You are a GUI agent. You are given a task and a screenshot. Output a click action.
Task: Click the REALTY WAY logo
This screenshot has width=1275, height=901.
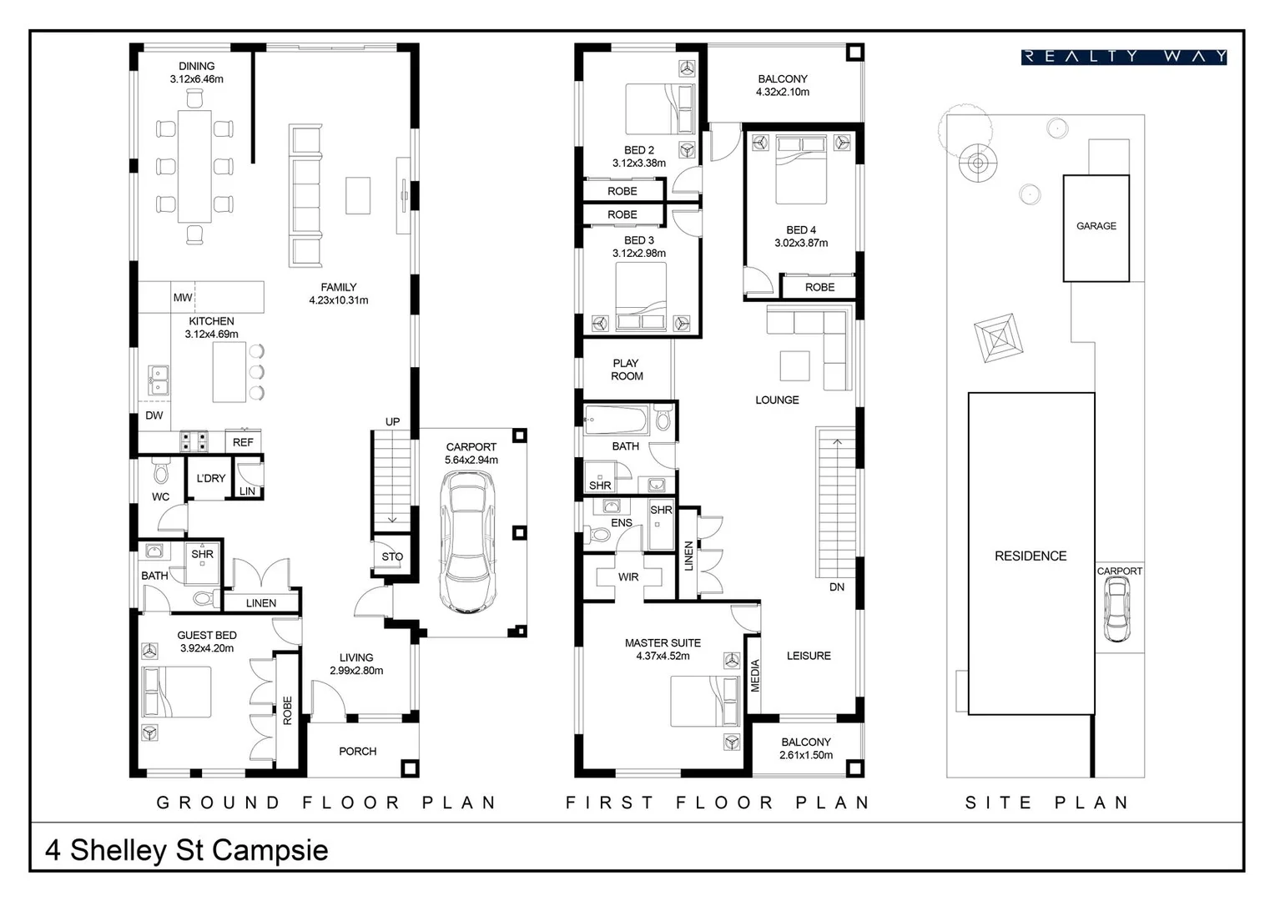coord(1124,57)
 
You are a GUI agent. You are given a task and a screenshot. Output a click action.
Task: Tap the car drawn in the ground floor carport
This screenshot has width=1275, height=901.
coord(468,542)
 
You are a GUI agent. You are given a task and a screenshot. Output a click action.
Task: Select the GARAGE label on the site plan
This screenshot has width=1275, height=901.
coord(1096,226)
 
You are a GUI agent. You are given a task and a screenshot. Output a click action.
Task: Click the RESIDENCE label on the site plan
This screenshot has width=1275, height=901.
coord(1031,556)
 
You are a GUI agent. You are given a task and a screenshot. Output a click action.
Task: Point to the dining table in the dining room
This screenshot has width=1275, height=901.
coord(194,166)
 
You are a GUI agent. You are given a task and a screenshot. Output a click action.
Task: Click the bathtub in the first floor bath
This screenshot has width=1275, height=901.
coord(615,420)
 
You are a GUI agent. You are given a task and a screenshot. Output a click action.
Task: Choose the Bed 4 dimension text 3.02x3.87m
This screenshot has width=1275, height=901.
coord(801,243)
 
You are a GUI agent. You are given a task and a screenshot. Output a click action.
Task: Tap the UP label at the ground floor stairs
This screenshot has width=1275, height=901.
coord(393,422)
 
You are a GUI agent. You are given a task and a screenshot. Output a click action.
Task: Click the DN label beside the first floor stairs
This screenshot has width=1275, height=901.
coord(837,586)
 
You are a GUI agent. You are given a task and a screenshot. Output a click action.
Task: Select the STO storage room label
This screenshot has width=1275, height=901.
coord(392,556)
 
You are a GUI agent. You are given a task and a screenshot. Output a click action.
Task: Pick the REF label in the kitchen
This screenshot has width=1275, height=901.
coord(243,442)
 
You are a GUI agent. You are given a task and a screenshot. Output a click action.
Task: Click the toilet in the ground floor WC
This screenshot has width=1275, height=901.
coord(161,470)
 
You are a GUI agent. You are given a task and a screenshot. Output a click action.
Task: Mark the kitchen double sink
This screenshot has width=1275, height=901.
coord(159,380)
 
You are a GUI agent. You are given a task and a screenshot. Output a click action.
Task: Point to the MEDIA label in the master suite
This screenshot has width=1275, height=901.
coord(755,676)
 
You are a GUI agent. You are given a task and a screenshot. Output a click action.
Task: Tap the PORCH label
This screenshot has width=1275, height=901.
coord(357,752)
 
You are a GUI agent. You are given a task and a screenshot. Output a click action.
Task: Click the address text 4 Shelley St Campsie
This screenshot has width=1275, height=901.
coord(187,850)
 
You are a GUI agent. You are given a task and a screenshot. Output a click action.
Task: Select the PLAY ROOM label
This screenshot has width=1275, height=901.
coord(626,370)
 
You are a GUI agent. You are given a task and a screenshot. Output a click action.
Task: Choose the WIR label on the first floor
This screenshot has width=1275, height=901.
coord(628,577)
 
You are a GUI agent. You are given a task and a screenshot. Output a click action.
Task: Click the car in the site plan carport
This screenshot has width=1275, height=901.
coord(1116,609)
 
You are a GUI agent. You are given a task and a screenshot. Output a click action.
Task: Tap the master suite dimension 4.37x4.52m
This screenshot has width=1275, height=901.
coord(663,657)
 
